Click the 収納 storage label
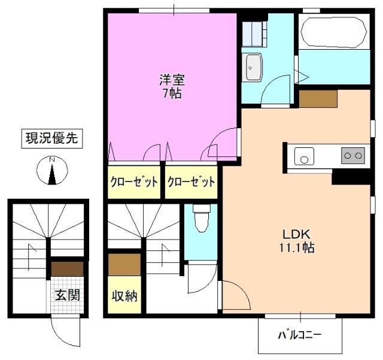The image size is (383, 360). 124,296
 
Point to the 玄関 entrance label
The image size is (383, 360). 67,295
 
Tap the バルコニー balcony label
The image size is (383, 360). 299,335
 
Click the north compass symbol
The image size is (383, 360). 52,171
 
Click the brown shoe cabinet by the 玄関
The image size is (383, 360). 67,268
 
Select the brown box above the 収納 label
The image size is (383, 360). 124,262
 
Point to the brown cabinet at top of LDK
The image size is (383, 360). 318,98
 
